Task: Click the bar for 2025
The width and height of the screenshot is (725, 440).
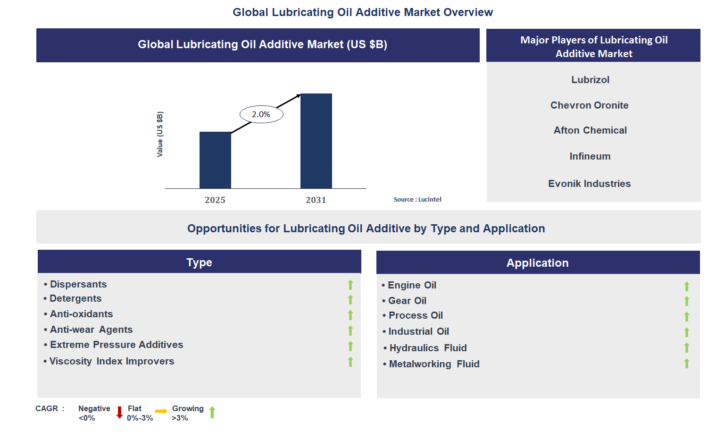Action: pos(215,160)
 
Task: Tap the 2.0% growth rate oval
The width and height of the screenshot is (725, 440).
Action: pos(261,114)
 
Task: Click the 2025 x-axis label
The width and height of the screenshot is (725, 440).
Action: pos(215,200)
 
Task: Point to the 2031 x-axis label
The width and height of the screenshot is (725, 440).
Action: pos(316,200)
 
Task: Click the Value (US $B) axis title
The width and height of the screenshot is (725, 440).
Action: pos(160,135)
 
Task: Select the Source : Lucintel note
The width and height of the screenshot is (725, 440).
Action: pos(417,200)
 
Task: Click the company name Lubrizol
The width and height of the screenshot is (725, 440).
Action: pos(590,80)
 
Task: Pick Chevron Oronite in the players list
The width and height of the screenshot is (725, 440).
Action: pos(589,105)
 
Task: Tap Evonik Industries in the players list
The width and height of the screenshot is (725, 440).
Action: pos(589,184)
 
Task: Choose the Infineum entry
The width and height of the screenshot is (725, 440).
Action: pos(590,156)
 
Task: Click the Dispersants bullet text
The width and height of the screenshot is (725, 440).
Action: pos(78,284)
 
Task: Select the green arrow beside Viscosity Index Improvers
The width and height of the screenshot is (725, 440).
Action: pos(350,362)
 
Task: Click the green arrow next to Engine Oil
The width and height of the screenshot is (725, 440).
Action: pos(687,286)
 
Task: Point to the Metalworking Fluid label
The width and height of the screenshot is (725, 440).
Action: pos(434,364)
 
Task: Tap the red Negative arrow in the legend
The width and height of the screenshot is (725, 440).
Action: pos(119,413)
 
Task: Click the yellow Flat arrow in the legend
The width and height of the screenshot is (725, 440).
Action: pos(161,411)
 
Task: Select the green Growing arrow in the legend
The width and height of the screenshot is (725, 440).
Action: pos(212,412)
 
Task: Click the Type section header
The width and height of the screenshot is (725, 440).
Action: pos(199,262)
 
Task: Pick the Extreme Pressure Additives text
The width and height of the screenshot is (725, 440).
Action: pos(117,345)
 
